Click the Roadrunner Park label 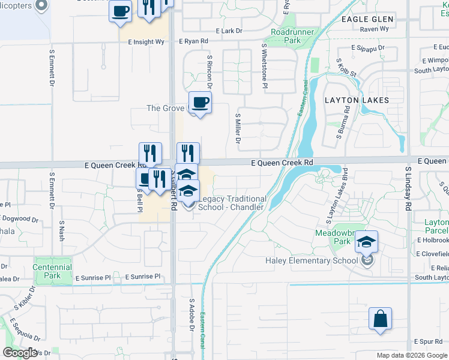(285, 35)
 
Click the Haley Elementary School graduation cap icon (366, 241)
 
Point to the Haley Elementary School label (312, 260)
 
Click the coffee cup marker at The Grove (200, 103)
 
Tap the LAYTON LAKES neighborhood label (357, 100)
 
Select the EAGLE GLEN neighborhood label (367, 19)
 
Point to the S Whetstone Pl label (264, 66)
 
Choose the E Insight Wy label (146, 42)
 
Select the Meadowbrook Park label (333, 236)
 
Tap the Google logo (20, 352)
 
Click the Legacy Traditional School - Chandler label (232, 203)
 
